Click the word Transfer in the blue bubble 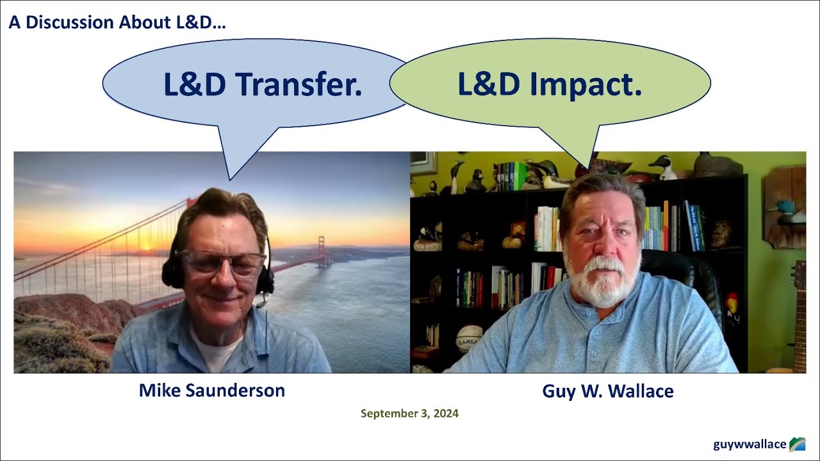tap(300, 84)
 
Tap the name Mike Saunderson tap(212, 391)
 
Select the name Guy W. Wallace tap(608, 391)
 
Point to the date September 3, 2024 tap(409, 414)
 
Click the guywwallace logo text tap(750, 444)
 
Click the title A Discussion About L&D tap(117, 22)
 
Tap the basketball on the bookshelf tap(469, 339)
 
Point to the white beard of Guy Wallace tap(602, 282)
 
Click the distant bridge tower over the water tap(322, 252)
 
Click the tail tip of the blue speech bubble tap(230, 180)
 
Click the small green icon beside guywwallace tap(798, 444)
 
